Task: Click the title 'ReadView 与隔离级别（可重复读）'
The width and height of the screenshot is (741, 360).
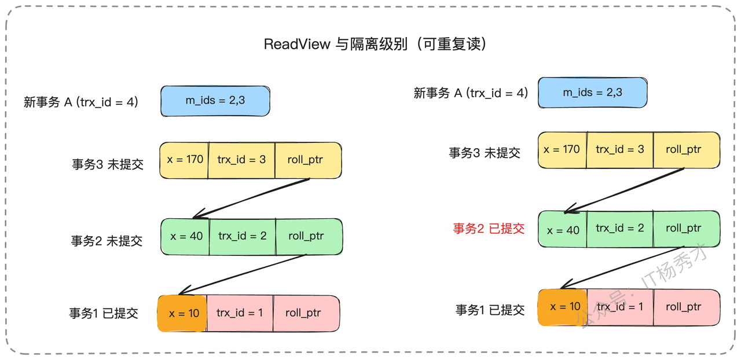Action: click(x=375, y=44)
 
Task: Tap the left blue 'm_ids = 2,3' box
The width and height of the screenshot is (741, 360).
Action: click(x=215, y=101)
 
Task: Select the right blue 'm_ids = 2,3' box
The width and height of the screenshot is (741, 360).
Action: click(x=592, y=93)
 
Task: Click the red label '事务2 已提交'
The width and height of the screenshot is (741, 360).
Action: click(x=489, y=229)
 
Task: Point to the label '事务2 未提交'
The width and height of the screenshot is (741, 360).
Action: click(x=107, y=241)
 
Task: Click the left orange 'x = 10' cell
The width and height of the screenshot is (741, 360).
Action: click(x=182, y=313)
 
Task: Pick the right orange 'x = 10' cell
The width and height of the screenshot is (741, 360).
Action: click(x=562, y=307)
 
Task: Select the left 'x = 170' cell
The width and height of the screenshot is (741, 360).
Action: click(x=184, y=160)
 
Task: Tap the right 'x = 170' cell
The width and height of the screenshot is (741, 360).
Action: click(x=562, y=150)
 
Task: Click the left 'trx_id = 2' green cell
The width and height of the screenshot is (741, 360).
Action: click(x=243, y=237)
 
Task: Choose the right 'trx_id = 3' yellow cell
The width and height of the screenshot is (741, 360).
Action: click(x=620, y=150)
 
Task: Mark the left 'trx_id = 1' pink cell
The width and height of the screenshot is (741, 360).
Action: click(x=240, y=313)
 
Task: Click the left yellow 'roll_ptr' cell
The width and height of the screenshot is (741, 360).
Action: click(x=308, y=160)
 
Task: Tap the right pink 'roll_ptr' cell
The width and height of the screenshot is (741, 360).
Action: click(x=687, y=307)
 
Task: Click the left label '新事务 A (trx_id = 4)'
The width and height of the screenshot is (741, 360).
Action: click(x=81, y=102)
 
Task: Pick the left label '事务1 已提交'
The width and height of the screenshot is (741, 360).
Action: click(x=104, y=313)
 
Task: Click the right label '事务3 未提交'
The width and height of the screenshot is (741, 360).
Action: click(x=485, y=153)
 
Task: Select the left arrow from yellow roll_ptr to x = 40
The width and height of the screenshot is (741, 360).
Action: click(x=251, y=199)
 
